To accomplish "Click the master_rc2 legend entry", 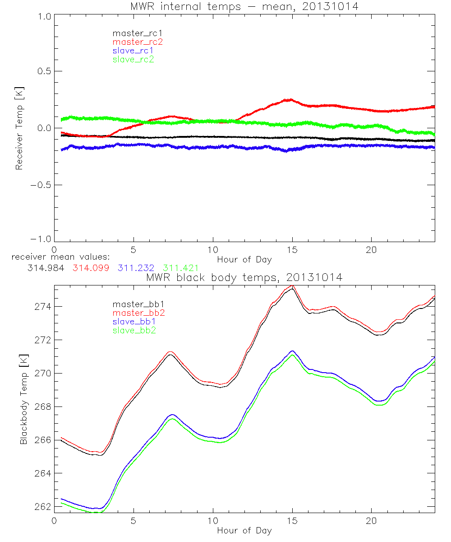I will click(138, 42).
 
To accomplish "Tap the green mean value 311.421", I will click(181, 268).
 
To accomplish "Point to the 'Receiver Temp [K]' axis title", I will click(19, 128).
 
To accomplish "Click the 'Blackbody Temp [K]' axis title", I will click(23, 396).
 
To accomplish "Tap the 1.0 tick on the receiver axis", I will click(43, 16).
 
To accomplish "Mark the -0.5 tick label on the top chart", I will click(40, 185).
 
